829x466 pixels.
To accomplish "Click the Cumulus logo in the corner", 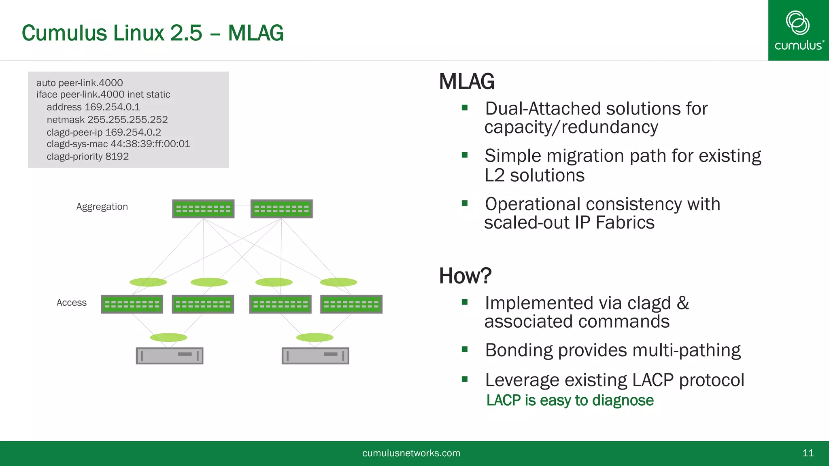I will click(798, 30).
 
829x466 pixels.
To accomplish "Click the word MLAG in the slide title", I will click(255, 33).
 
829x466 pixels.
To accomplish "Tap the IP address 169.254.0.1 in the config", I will click(112, 107).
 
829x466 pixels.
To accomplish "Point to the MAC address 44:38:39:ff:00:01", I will click(150, 144).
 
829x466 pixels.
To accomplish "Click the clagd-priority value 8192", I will click(117, 157).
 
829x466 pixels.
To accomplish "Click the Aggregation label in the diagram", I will click(102, 207).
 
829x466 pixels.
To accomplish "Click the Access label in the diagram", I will click(72, 303).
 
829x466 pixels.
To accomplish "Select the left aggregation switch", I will click(203, 209).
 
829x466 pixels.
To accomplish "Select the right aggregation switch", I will click(281, 209).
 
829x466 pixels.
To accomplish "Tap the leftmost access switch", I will click(132, 304).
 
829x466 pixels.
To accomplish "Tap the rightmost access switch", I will click(351, 304).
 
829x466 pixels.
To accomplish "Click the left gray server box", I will click(170, 356).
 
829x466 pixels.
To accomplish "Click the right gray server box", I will click(315, 356).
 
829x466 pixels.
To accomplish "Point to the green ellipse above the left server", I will click(168, 337).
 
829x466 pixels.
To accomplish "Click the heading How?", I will click(465, 276).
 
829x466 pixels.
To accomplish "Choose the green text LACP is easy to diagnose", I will click(570, 400).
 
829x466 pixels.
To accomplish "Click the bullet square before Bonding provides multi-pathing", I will click(465, 349).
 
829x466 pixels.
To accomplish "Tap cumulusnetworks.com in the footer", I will click(411, 453).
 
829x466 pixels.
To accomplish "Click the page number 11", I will click(808, 453).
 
